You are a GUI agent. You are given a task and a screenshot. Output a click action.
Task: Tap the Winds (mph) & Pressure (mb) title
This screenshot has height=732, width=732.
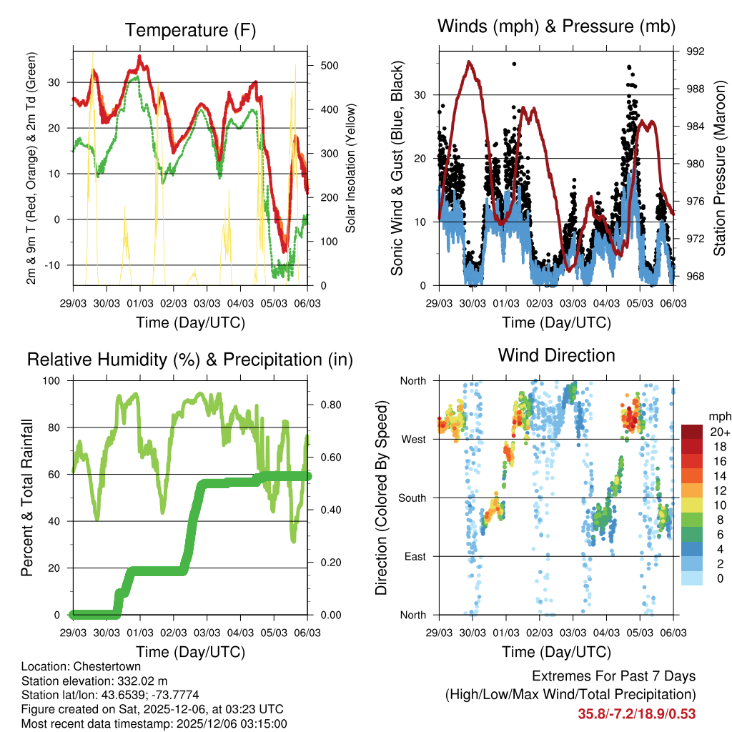click(x=556, y=27)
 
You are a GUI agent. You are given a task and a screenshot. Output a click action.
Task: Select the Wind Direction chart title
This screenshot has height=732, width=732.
click(x=556, y=355)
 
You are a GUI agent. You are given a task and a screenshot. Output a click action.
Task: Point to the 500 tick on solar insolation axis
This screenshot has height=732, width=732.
click(x=330, y=65)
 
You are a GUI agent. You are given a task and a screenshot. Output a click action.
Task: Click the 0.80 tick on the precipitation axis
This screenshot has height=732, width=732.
click(x=327, y=405)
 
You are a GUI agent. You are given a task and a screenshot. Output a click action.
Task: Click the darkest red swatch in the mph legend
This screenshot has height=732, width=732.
click(x=693, y=432)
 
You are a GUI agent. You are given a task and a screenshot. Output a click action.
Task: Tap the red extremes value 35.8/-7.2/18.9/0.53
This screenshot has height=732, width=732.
click(x=636, y=713)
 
